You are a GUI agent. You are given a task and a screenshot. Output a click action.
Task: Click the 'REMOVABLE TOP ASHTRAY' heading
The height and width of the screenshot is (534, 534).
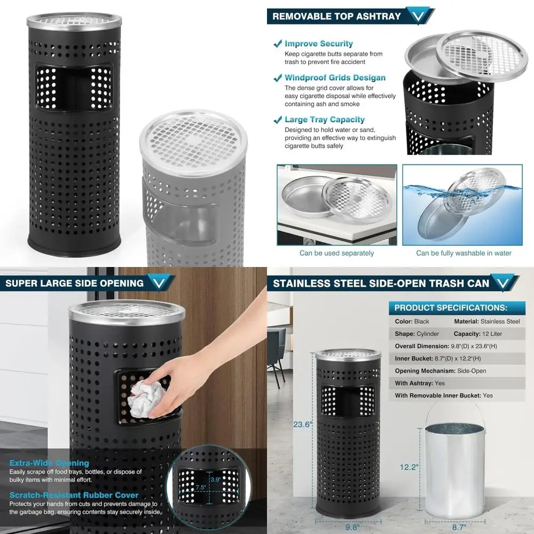coord(336,16)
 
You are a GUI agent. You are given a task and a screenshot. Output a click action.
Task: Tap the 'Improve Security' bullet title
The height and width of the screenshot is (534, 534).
coord(318,44)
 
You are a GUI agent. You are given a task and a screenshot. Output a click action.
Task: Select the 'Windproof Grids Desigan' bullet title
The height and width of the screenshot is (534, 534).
coord(335,77)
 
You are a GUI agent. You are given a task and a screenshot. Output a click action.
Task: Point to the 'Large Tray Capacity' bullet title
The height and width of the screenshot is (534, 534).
coord(324,120)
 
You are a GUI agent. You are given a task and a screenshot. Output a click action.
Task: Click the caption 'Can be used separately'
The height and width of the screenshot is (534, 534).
coord(336,253)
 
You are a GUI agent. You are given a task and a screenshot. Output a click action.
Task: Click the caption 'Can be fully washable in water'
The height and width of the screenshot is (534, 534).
coord(464,253)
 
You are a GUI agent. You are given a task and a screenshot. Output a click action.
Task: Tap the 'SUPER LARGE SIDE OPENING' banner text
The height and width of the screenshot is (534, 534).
coord(74,283)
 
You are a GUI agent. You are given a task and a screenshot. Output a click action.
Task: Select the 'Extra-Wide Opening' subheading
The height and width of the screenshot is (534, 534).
coord(49,463)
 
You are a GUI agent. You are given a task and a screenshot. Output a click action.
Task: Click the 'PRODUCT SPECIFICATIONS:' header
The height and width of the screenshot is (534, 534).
coord(451,308)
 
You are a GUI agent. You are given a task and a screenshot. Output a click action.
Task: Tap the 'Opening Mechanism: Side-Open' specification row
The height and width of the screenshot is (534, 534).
coord(441,371)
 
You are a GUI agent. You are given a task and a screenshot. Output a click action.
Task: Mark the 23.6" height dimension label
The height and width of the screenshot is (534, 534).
coord(302,425)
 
